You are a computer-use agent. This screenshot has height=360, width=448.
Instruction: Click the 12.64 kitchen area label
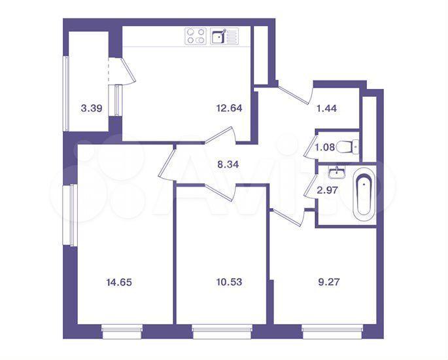point(229,108)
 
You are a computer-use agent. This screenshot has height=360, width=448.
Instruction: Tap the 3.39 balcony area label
point(92,109)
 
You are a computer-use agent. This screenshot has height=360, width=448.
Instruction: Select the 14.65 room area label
point(119,283)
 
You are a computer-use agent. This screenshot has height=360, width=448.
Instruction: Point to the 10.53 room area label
point(229,282)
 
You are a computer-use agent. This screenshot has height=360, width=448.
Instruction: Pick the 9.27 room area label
point(329,282)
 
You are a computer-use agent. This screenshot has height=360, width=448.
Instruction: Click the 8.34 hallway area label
point(228,164)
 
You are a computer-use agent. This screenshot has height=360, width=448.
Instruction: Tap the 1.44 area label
point(326,108)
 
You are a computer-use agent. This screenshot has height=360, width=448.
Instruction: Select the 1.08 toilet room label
point(324,147)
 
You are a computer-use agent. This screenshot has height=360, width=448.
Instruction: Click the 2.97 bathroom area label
point(328,190)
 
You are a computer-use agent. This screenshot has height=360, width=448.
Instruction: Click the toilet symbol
point(348,147)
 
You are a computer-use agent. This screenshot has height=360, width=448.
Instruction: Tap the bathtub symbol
point(364,195)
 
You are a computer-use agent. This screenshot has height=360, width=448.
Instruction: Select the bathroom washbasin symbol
point(337,172)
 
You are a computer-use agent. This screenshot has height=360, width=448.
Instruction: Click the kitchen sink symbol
point(224,36)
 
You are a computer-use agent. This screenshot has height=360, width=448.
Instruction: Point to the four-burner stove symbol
point(196,36)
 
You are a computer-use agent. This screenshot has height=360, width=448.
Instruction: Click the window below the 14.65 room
point(122,332)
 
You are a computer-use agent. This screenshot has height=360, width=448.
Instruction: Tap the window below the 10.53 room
point(222,332)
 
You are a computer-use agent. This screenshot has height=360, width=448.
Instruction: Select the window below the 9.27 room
point(332,332)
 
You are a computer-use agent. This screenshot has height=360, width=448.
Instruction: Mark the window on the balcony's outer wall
point(66,94)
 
